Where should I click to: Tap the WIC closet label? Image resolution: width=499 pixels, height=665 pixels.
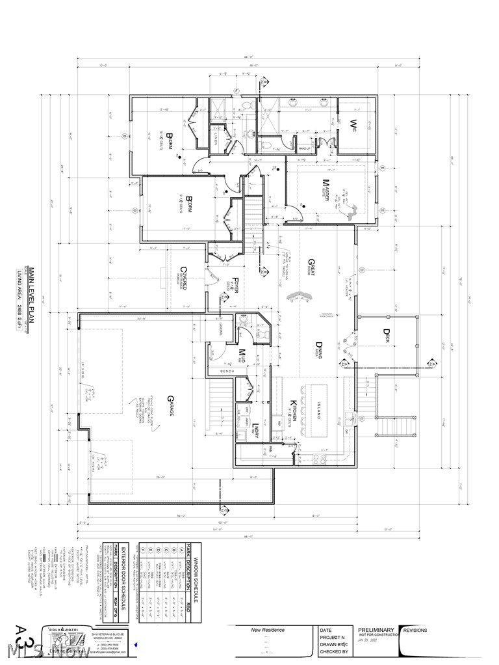(355, 124)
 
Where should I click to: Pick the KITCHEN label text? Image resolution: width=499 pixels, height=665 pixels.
(294, 411)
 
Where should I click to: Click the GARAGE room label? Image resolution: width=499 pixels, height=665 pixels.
(170, 410)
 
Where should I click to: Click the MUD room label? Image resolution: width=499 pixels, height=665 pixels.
(241, 355)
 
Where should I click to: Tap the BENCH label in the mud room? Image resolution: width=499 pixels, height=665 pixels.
(227, 372)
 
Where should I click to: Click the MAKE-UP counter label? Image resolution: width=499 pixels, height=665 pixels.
(303, 149)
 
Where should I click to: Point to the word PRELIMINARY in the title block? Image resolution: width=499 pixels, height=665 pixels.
(376, 630)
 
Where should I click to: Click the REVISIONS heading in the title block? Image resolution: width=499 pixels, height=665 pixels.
(416, 630)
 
